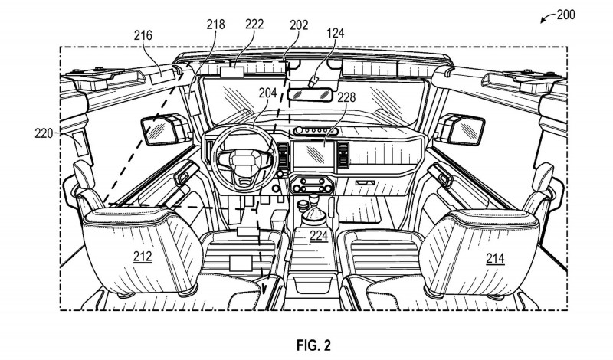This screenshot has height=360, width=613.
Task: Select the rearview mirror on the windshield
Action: pyautogui.click(x=310, y=93)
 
